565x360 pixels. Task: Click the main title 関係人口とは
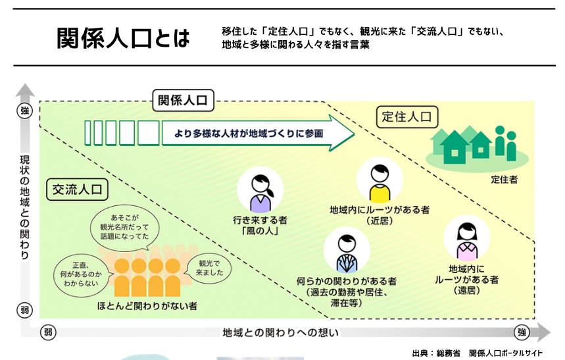pos(123,39)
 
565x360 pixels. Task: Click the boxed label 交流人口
pos(78,190)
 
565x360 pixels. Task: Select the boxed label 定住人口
pos(407,117)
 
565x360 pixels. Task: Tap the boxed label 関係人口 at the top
pos(183,100)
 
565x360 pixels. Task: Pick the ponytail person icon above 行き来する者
pos(260,191)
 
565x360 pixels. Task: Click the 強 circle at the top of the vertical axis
pos(25,111)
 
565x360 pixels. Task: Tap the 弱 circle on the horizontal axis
pos(48,331)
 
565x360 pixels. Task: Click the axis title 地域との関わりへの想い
pos(281,332)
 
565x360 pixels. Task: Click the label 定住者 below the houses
pos(504,178)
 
